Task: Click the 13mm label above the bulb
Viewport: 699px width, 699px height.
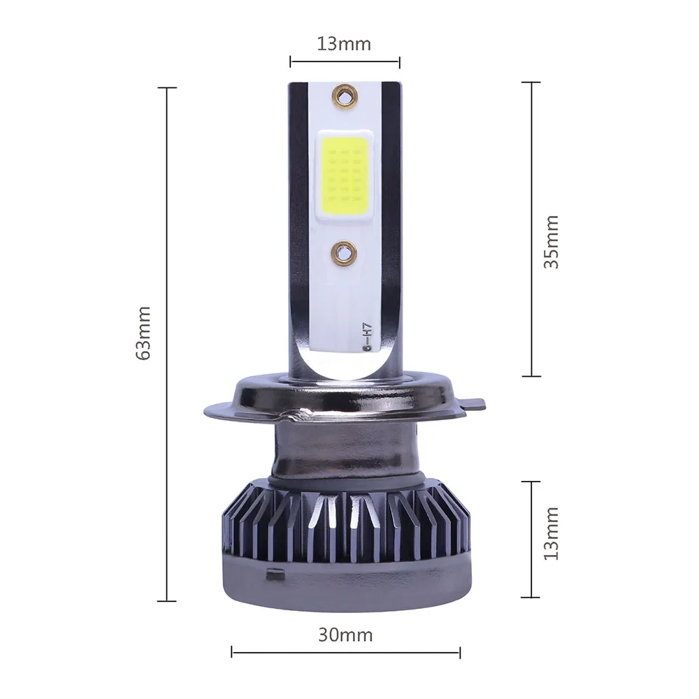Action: pos(344,44)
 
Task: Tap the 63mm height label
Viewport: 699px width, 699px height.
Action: pos(143,333)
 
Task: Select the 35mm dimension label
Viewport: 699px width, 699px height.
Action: pos(551,242)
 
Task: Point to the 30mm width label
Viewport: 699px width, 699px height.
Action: pos(345,635)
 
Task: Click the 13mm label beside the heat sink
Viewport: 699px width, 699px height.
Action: pos(551,533)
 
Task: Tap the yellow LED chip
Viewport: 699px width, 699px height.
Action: pos(344,175)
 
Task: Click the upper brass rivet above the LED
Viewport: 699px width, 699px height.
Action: pos(345,95)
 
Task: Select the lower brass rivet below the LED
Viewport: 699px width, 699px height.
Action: pos(344,252)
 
